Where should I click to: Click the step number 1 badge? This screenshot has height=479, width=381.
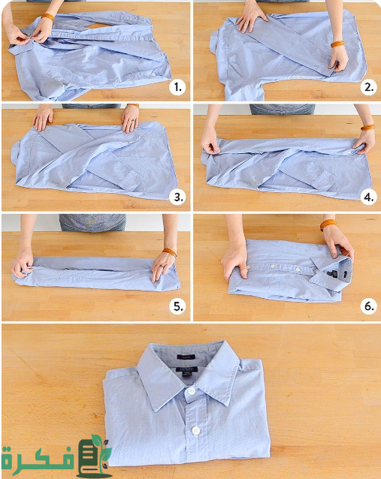tap(177, 87)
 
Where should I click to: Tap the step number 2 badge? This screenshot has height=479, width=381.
tap(369, 87)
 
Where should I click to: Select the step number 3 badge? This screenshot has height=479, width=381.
tap(177, 197)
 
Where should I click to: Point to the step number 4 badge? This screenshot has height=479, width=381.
tap(369, 197)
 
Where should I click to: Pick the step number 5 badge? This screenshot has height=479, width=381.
tap(177, 306)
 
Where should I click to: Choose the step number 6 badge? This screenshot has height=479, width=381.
tap(369, 306)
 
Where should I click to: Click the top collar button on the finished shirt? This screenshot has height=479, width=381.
tap(192, 390)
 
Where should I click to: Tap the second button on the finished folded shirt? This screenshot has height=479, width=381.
tap(195, 431)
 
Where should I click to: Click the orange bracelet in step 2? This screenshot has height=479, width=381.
tap(337, 44)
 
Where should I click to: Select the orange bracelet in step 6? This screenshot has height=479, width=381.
tap(328, 224)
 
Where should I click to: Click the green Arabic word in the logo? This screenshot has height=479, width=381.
tap(38, 457)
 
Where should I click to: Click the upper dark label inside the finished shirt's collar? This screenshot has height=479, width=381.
tap(186, 357)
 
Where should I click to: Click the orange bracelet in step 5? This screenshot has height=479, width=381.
tap(169, 252)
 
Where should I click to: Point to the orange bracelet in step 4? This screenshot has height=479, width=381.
tap(367, 127)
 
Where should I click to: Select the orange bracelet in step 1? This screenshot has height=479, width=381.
tap(48, 17)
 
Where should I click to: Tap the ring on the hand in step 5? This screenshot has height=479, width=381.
tap(161, 267)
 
